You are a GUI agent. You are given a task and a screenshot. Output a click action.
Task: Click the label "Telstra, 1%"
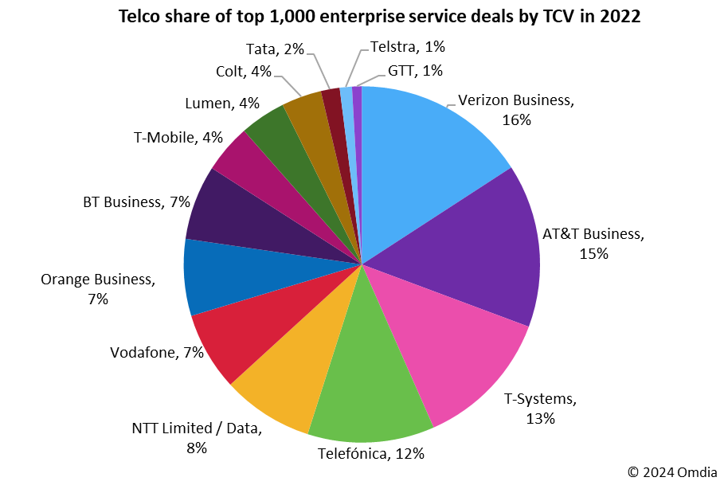pyautogui.click(x=409, y=47)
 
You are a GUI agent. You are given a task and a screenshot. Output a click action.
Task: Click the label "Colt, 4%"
pyautogui.click(x=244, y=71)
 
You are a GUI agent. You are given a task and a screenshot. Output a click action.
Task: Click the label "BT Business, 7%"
pyautogui.click(x=136, y=202)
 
